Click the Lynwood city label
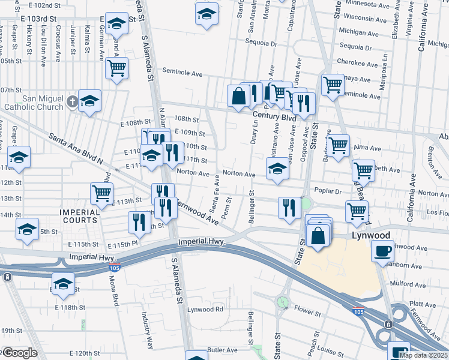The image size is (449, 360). pos(370,235)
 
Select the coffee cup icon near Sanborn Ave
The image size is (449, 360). pos(382,250)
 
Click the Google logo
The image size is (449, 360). pos(19,353)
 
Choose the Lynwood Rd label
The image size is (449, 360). pos(205,310)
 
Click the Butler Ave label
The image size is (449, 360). pos(223,350)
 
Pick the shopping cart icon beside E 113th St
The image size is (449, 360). pos(101,193)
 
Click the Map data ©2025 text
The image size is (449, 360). pos(423,355)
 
